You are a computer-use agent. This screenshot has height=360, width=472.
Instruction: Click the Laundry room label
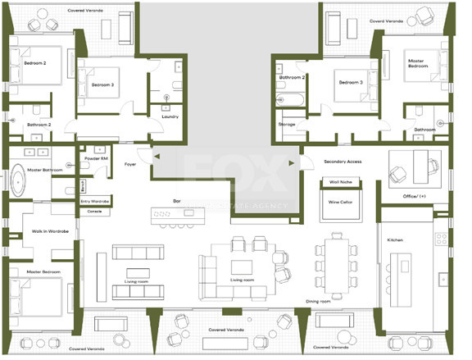click(170, 116)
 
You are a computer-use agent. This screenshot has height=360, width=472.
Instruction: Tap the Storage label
click(287, 124)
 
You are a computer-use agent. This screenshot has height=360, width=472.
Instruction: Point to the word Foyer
click(130, 164)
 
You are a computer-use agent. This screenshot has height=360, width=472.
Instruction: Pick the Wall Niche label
click(339, 182)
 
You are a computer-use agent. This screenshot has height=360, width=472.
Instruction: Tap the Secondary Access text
click(343, 162)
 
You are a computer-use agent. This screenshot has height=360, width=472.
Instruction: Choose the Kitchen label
click(395, 239)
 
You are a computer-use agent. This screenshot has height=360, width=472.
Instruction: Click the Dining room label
click(318, 302)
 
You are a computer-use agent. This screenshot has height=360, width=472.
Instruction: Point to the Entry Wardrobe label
click(95, 201)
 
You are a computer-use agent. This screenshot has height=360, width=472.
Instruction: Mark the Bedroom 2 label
click(34, 62)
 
